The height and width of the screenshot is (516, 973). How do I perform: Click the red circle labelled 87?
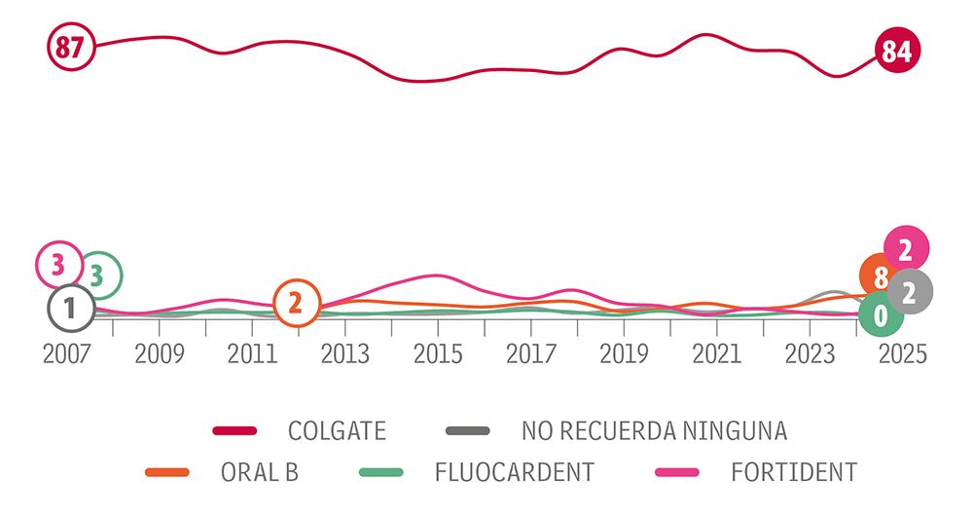(70, 47)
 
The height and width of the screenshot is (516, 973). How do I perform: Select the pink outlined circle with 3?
(58, 263)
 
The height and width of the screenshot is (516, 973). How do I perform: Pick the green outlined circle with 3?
(98, 276)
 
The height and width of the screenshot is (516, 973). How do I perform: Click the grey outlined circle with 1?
(69, 310)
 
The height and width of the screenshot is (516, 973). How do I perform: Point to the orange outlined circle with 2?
(297, 304)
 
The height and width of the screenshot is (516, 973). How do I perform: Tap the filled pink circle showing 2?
(905, 250)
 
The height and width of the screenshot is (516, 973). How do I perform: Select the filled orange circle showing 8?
(881, 278)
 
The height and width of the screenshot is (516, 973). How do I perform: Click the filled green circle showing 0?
(881, 314)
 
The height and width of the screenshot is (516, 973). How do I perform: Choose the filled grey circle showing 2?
(909, 292)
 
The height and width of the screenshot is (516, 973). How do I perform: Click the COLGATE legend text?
(337, 429)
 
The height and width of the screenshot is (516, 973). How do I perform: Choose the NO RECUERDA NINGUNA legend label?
(654, 429)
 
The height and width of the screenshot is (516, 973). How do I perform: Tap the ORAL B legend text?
(259, 473)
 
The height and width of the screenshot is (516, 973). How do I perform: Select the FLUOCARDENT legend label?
(514, 473)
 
